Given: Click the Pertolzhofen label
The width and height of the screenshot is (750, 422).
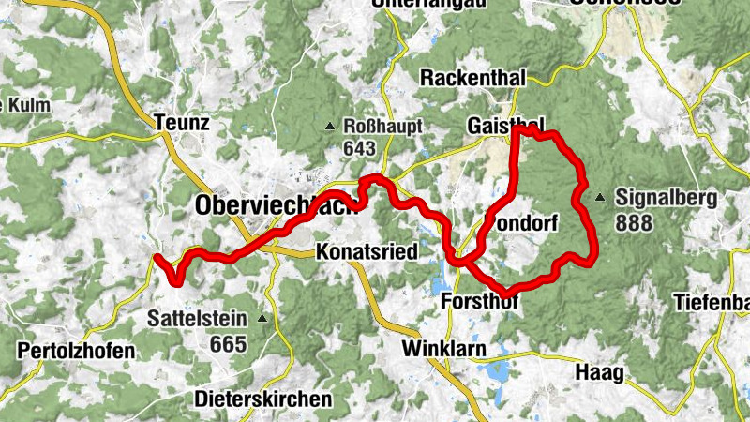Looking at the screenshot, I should (x=75, y=351).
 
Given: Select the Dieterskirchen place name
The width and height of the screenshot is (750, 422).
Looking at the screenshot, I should (x=263, y=399).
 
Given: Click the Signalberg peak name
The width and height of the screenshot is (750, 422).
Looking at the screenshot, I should (x=667, y=198).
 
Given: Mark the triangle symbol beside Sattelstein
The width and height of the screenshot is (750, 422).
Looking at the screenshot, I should (x=262, y=319).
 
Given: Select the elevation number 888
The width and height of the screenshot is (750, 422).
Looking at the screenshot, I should (x=635, y=223).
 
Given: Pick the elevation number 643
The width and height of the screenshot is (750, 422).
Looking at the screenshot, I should (x=359, y=148).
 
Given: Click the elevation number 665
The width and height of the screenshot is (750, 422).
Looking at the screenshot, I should (x=228, y=344).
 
